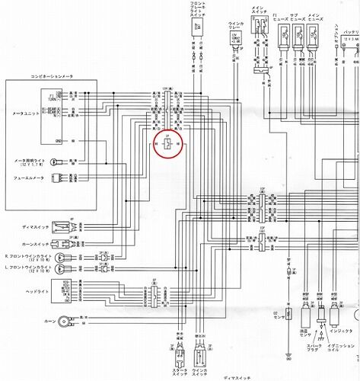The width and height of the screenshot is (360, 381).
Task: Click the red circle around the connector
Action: (x=167, y=142)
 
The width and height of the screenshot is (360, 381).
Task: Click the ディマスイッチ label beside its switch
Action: (x=31, y=226)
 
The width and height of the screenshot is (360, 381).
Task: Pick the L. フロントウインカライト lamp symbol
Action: (x=78, y=271)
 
